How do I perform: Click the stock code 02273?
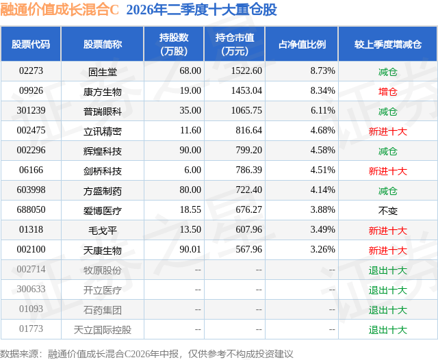coord(31,71)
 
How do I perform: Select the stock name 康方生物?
coord(103,92)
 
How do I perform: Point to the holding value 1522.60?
coord(246,71)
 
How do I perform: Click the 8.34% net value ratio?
coord(322,91)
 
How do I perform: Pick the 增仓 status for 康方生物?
coord(388,92)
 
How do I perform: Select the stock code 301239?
coord(31,111)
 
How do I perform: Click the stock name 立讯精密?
coord(103,131)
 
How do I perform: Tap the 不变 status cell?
coord(388,211)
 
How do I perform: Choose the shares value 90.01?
coord(190,249)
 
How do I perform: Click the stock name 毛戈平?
coord(103,231)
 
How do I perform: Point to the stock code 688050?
coord(31,209)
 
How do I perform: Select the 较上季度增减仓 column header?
coord(388,44)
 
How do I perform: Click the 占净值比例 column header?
coord(302,44)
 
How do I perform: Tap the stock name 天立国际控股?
coord(103,330)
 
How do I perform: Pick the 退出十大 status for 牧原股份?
coord(388,270)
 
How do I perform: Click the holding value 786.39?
coord(248,170)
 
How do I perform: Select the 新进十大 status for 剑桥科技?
coord(388,171)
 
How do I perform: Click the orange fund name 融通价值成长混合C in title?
coord(60,10)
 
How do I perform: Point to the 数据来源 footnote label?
coord(18,354)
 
